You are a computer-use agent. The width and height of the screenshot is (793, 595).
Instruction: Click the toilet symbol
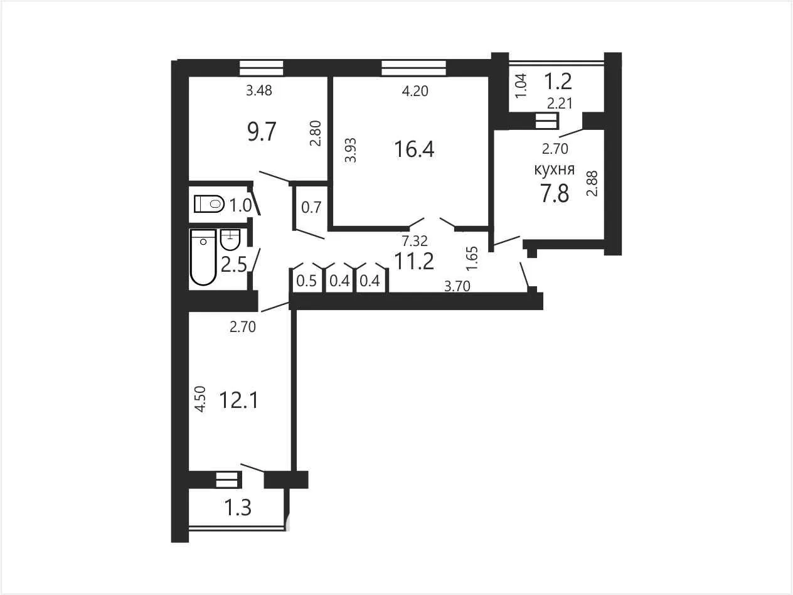(209, 204)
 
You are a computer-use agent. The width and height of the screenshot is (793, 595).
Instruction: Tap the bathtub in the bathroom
(203, 257)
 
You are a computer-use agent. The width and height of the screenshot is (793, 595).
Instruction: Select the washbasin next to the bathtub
(230, 240)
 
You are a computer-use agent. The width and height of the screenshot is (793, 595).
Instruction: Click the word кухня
(554, 169)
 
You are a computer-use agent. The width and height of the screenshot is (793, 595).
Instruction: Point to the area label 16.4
(414, 149)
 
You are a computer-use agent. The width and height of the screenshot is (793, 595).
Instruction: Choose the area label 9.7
(262, 132)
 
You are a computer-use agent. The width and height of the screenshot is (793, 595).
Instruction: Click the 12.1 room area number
(238, 400)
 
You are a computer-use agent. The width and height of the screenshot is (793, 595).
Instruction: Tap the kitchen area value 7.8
(555, 193)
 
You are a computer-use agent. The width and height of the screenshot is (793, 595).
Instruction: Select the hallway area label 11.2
(414, 261)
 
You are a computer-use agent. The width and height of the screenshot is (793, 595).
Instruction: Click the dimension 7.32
(415, 240)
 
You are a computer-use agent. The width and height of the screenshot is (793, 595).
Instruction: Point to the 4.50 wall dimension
(200, 399)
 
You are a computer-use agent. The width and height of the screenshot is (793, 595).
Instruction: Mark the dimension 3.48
(259, 90)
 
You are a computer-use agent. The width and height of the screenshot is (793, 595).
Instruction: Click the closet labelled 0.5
(306, 281)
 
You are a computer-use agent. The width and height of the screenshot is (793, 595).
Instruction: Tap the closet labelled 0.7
(311, 207)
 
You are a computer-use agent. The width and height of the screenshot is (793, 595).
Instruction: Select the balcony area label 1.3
(238, 508)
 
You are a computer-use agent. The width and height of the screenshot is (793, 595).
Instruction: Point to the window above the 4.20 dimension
(413, 68)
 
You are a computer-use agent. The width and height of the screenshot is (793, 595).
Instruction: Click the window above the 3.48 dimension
(262, 68)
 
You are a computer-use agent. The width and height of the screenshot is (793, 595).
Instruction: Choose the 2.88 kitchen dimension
(592, 183)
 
